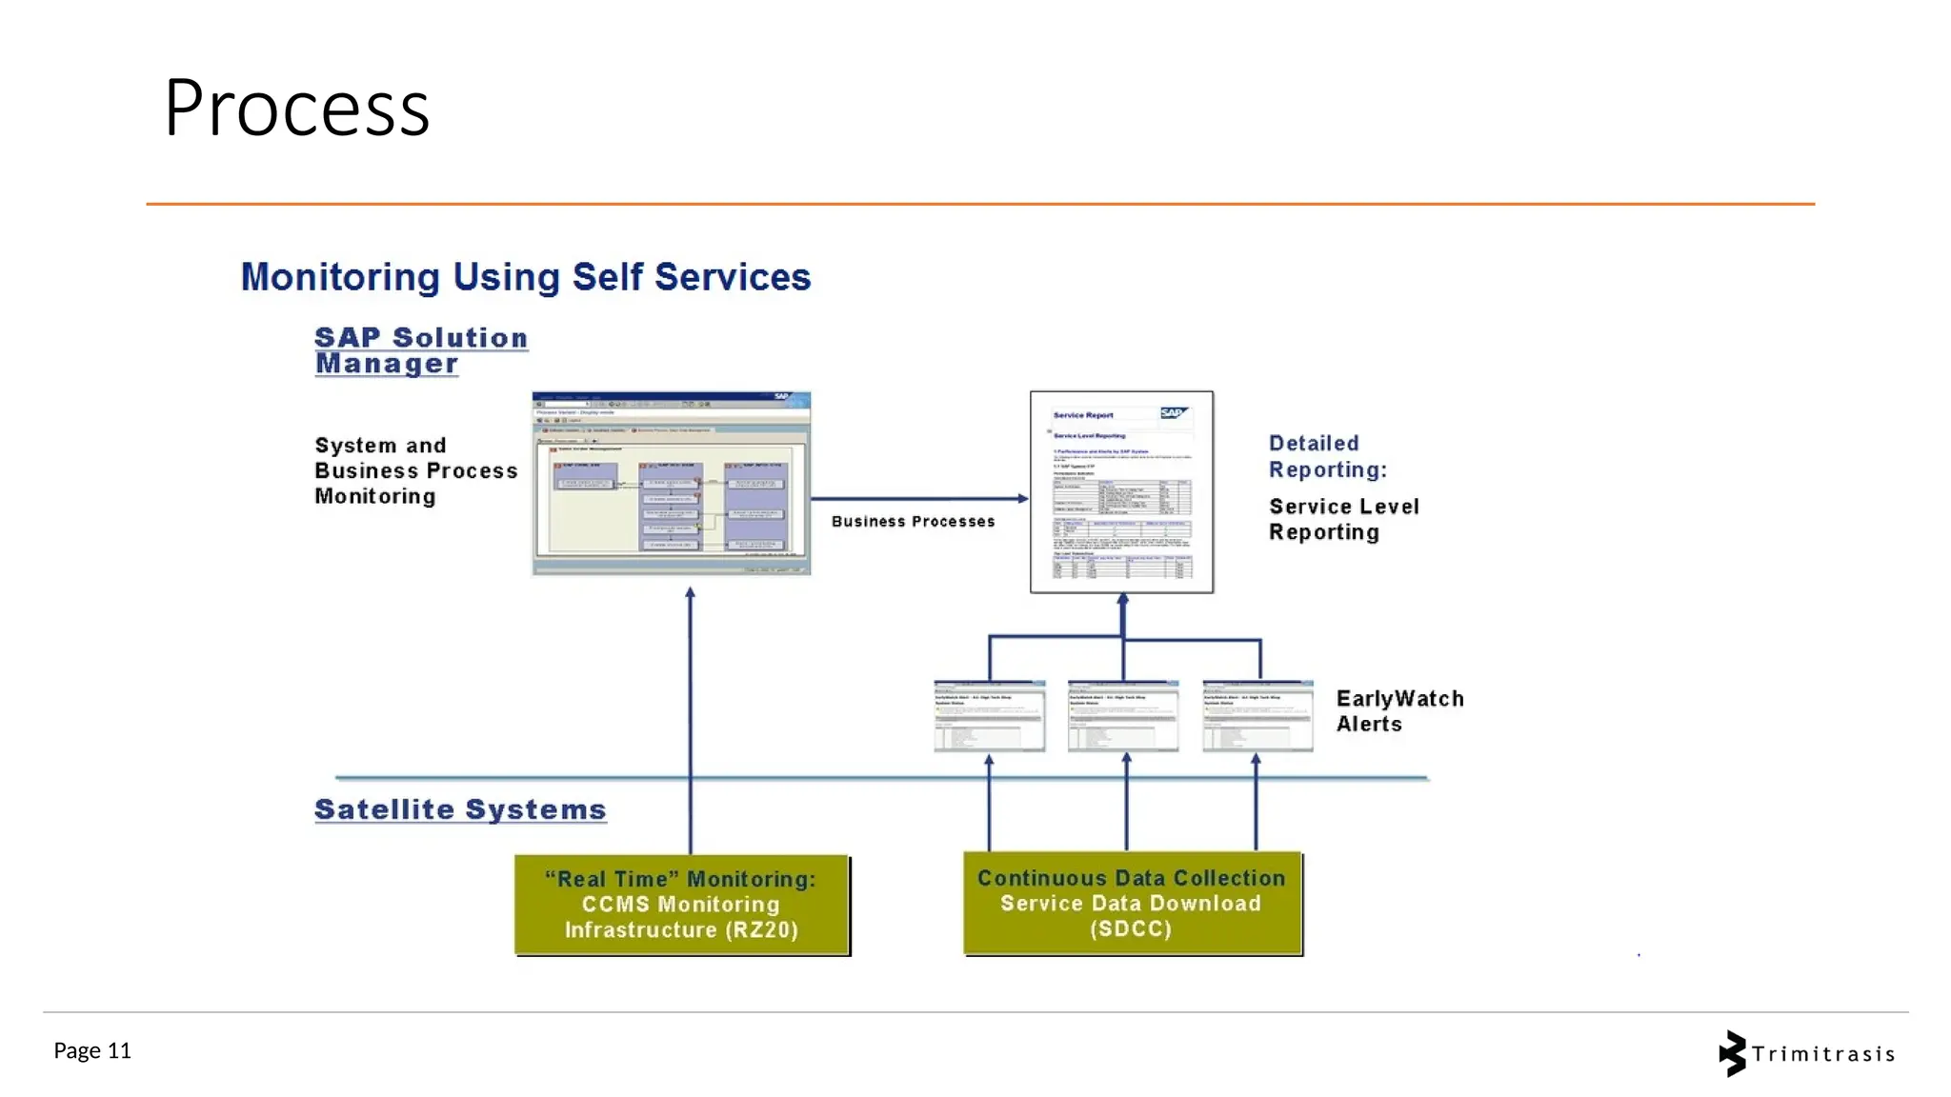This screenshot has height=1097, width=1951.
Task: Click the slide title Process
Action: (x=296, y=109)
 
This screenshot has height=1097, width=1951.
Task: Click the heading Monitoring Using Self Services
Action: (x=525, y=277)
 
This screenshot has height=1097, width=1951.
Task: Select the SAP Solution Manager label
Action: (x=420, y=350)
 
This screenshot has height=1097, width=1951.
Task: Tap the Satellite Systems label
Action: (x=460, y=809)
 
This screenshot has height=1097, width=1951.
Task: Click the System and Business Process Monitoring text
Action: (x=415, y=470)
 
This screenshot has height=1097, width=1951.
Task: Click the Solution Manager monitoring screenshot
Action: (x=671, y=483)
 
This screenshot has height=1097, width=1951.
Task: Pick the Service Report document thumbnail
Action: (x=1121, y=491)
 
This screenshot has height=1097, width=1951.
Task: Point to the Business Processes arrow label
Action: (x=913, y=522)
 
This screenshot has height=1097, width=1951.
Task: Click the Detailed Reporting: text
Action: (x=1327, y=456)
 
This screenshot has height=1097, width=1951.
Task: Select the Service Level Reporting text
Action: (x=1343, y=519)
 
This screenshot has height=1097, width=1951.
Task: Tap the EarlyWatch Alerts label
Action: (x=1398, y=711)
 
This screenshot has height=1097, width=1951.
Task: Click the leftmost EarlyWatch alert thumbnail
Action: (x=989, y=716)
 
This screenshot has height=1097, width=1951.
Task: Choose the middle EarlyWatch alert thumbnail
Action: (x=1123, y=716)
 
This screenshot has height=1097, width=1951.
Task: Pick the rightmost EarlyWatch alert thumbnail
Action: (x=1257, y=716)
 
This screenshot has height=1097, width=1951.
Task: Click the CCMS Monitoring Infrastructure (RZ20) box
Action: (x=681, y=905)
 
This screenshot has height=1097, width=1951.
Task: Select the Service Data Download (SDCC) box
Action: (x=1132, y=903)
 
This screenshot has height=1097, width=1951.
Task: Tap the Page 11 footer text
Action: (x=92, y=1050)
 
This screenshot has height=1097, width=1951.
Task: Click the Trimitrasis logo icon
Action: (x=1732, y=1053)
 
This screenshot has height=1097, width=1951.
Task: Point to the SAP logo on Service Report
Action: (x=1173, y=413)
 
